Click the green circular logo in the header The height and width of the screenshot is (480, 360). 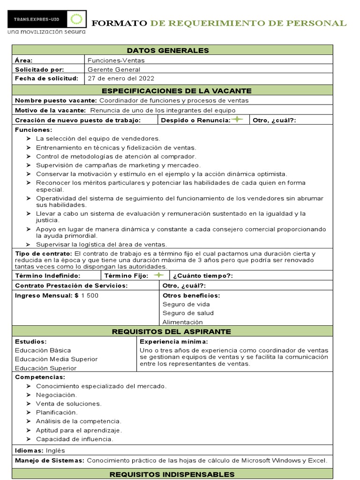point(75,19)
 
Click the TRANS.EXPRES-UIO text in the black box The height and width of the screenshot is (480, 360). point(37,19)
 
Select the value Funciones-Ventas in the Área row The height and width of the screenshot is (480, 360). point(116,60)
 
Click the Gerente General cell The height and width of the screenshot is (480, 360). point(114,69)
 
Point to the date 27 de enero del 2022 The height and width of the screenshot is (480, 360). point(121,78)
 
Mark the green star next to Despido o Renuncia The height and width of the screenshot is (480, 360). point(238,120)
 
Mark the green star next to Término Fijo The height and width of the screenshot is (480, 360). point(159,275)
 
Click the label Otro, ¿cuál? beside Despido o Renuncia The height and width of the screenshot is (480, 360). point(274,120)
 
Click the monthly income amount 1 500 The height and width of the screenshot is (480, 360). point(90,296)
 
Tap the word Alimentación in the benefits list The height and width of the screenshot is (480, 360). point(183,322)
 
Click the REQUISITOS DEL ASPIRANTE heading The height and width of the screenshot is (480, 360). point(172,332)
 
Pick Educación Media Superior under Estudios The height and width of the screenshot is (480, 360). point(56,359)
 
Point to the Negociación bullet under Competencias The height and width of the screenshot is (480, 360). point(56,395)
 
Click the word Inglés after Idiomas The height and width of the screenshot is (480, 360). point(56,450)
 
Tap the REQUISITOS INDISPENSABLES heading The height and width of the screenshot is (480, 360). point(172,474)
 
